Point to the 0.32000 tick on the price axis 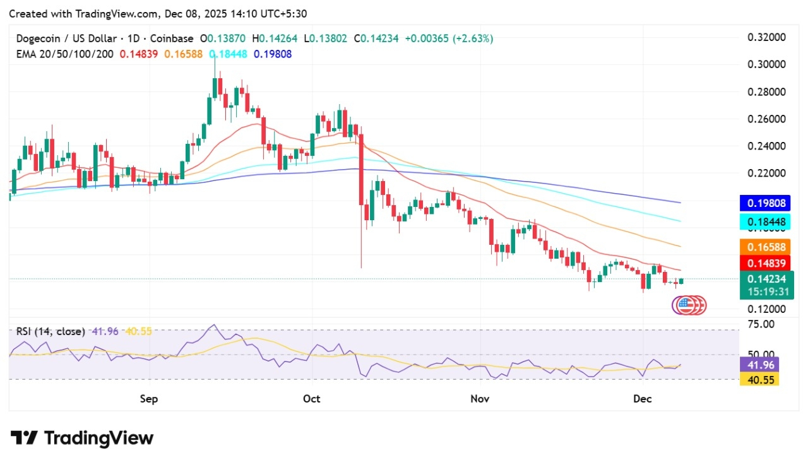(x=766, y=37)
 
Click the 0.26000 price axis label (x=766, y=119)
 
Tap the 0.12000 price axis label (x=766, y=309)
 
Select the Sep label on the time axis (x=148, y=399)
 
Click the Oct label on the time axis (x=312, y=399)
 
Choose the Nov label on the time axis (x=480, y=399)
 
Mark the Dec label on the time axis (x=642, y=399)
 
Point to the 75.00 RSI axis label (x=761, y=324)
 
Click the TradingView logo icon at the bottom (x=25, y=438)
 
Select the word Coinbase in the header (x=171, y=38)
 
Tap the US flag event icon (x=684, y=305)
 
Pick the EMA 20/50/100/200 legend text (x=65, y=54)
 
